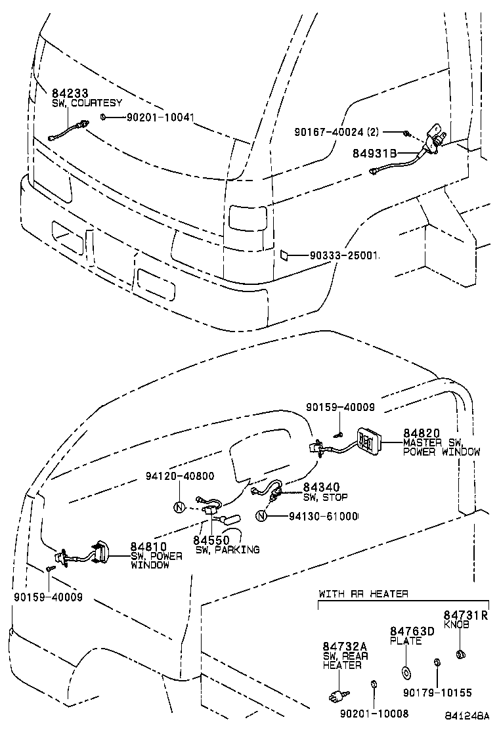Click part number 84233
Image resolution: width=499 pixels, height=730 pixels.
(x=70, y=95)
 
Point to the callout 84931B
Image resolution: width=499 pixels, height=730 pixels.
(x=376, y=154)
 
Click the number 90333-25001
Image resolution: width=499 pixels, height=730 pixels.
(x=343, y=255)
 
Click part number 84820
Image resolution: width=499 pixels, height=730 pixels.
(x=422, y=433)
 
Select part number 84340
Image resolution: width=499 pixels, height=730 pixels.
(x=321, y=488)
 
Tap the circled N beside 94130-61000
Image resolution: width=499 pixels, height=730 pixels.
(x=261, y=516)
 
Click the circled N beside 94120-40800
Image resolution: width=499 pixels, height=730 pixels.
(x=179, y=507)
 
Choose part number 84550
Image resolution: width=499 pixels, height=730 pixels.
(x=211, y=540)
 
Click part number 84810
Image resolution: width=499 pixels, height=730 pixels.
(x=148, y=547)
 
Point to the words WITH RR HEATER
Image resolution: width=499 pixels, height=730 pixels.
(x=363, y=594)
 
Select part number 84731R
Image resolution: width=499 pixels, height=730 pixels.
(x=466, y=615)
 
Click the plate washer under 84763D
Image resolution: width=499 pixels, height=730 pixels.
(x=405, y=673)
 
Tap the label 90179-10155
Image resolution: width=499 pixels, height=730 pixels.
(x=437, y=693)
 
